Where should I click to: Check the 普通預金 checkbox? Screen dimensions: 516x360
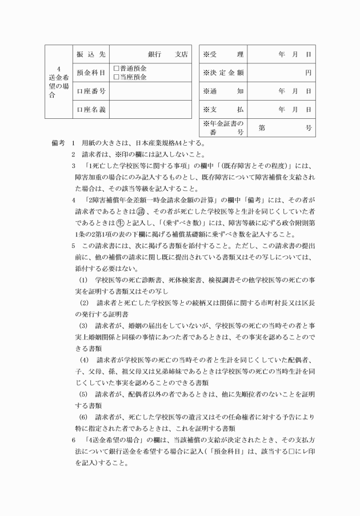[x=116, y=69]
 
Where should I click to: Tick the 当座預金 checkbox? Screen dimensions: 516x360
[x=116, y=77]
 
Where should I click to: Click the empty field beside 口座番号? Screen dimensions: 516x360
[x=150, y=91]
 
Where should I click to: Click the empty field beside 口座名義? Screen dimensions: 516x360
[x=150, y=109]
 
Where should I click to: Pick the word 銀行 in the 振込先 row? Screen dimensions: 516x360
[x=155, y=54]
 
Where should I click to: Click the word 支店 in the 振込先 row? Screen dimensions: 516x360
[x=182, y=54]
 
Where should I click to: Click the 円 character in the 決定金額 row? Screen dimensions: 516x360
[x=307, y=73]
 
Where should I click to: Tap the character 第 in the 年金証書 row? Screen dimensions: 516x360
[x=261, y=128]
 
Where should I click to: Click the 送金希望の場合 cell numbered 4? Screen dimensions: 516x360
[x=59, y=82]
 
